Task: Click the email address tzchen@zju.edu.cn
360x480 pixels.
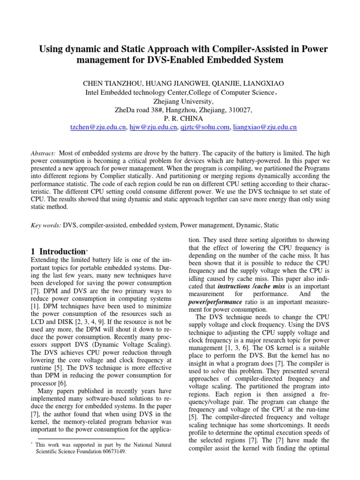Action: (97, 127)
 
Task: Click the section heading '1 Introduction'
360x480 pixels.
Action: (57, 252)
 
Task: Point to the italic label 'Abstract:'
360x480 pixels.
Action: (43, 154)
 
